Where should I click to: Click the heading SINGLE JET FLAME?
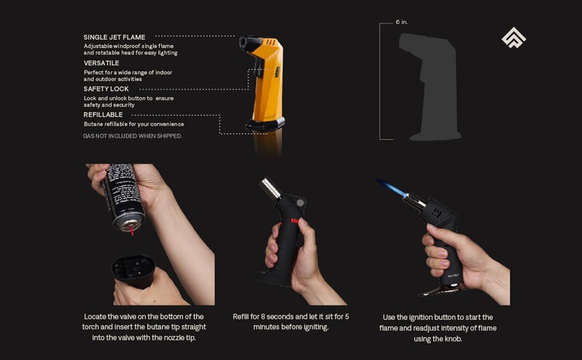[x=114, y=36]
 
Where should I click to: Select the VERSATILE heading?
[x=102, y=63]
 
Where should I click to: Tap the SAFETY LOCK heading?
[x=106, y=89]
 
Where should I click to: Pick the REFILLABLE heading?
[x=103, y=115]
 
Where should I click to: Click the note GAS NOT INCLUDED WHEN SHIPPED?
[x=133, y=136]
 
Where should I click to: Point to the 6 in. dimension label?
[x=401, y=23]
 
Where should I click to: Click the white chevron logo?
[x=513, y=38]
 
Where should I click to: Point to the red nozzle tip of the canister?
[x=133, y=230]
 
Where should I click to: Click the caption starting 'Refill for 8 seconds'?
[x=290, y=322]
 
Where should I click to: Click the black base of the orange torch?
[x=265, y=123]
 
